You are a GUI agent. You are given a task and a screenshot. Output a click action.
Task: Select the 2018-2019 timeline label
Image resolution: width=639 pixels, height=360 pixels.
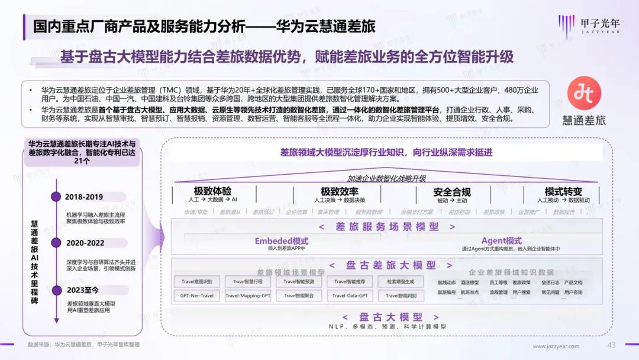tap(84, 197)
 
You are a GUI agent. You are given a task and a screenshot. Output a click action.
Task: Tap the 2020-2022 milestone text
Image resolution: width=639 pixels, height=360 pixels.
tap(85, 242)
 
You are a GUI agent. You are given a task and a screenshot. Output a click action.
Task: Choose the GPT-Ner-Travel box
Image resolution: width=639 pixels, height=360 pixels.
tap(196, 295)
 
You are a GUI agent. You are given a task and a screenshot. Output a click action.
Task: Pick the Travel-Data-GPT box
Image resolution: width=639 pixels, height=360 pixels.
tap(350, 295)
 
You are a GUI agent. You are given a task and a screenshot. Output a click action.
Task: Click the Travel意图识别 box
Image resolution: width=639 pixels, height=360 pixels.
tap(196, 282)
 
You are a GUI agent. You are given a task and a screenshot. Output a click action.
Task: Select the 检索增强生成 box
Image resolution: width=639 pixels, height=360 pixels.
tap(401, 282)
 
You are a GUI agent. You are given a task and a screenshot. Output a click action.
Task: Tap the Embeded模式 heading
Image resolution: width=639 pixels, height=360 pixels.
tap(282, 241)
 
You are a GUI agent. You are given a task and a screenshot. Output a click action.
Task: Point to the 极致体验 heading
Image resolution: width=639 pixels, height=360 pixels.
tap(213, 191)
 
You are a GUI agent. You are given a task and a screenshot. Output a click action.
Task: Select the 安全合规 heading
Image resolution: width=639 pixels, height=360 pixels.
tap(452, 192)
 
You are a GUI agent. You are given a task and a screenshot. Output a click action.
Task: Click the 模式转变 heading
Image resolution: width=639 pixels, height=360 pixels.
tap(563, 191)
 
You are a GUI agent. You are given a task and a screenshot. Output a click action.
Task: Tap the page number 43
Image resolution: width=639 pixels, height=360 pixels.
tap(612, 345)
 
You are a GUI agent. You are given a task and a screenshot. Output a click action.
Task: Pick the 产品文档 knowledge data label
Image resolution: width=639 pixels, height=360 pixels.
tap(573, 282)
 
